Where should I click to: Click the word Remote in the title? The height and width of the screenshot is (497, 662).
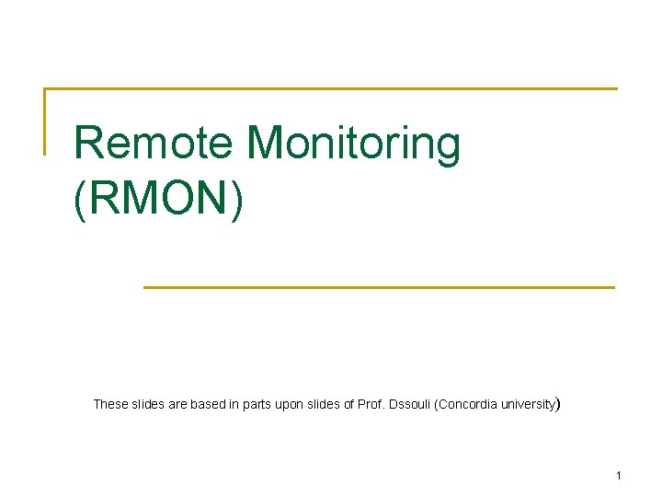pos(155,144)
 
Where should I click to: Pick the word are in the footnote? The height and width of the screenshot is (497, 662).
pos(178,404)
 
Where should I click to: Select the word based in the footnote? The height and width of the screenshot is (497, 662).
pos(209,404)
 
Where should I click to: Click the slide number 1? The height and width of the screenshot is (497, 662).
pos(619,476)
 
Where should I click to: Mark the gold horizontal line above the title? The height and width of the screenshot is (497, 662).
pos(331,89)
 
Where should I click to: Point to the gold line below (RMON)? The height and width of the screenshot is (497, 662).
pos(379,287)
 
